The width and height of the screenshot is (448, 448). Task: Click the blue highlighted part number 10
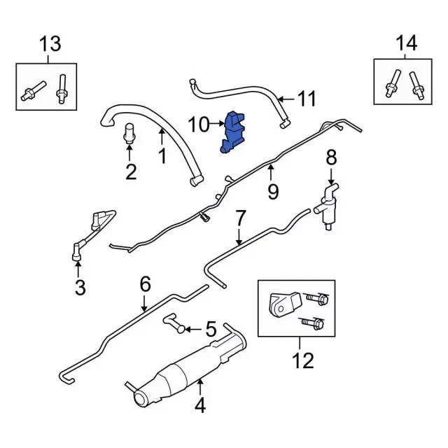pos(232,132)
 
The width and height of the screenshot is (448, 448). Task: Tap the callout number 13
pos(50,43)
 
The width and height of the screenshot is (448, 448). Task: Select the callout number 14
pos(406,43)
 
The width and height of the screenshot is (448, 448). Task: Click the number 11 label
pos(307,99)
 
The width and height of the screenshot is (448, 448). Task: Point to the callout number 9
pos(273,191)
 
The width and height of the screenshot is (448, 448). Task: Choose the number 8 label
pos(331,157)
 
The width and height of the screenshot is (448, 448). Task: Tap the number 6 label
pos(145,284)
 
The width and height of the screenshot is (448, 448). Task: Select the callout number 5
pos(211,329)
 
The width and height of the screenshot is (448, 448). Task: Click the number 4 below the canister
pos(200,406)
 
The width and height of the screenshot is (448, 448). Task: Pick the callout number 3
pos(80,287)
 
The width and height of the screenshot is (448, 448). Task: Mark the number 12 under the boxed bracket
pos(303,360)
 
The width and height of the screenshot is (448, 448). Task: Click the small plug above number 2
pos(129,133)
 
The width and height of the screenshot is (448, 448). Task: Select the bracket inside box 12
pos(285,304)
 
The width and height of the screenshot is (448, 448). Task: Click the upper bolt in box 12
pos(316,299)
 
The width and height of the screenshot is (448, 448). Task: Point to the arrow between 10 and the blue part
pos(216,123)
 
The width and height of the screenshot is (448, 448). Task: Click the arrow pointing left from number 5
pos(193,330)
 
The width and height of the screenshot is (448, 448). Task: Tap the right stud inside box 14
pos(416,85)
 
